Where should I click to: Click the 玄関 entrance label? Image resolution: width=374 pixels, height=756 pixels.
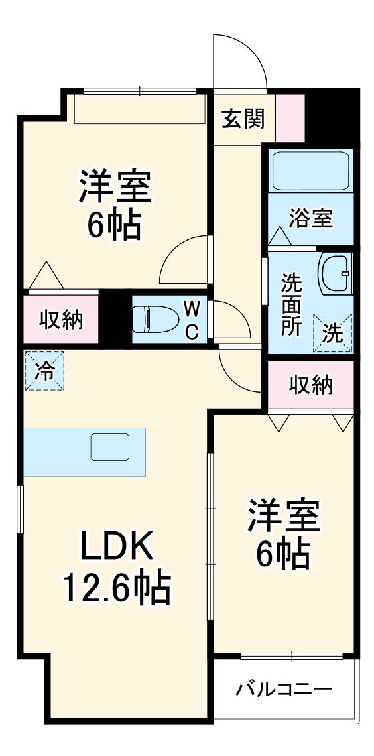(243, 119)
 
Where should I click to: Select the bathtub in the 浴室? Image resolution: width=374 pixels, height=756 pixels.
(310, 170)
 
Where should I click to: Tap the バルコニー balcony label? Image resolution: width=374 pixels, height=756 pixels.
(284, 690)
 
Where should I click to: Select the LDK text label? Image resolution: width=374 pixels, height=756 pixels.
(117, 547)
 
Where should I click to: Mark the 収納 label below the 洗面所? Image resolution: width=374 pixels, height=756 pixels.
(310, 384)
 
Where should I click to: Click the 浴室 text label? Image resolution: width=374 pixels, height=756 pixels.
(310, 218)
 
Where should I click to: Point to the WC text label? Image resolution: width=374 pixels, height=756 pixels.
(191, 320)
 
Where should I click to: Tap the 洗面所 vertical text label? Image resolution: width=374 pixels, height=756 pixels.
(290, 304)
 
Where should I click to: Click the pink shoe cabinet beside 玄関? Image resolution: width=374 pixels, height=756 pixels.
(290, 118)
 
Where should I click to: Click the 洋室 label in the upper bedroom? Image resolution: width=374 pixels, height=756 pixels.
(115, 188)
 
